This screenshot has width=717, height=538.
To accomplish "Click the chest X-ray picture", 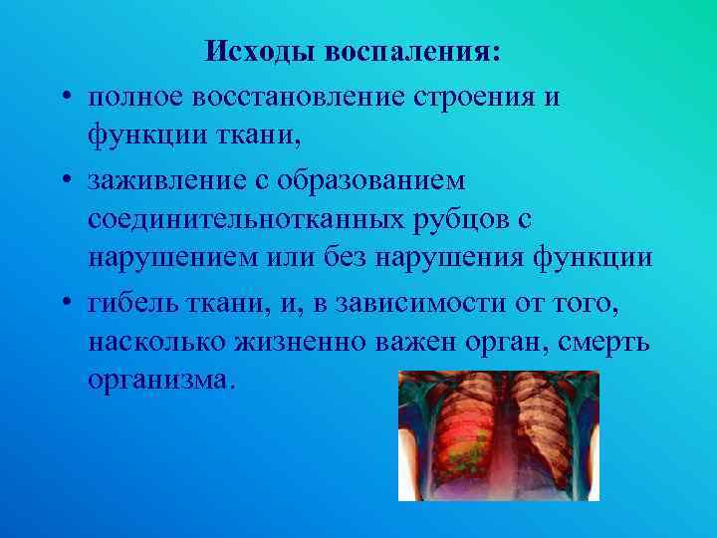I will (x=498, y=435).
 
